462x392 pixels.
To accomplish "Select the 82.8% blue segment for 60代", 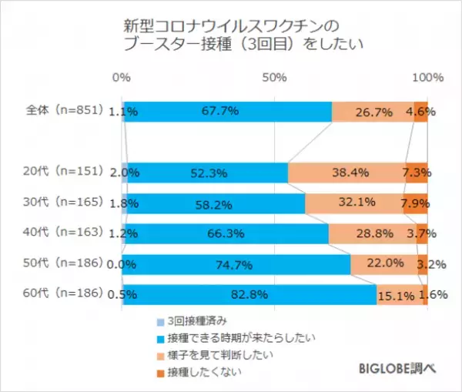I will point(249,294).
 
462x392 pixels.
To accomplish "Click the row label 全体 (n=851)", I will point(61,111).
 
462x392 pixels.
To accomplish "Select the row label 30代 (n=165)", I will point(61,203).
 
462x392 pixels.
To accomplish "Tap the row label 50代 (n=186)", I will point(61,263).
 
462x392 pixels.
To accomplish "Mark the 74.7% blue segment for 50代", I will point(237,263).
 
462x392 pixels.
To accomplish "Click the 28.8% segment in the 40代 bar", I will point(370,233).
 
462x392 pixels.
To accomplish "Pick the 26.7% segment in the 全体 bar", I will point(373,112).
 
